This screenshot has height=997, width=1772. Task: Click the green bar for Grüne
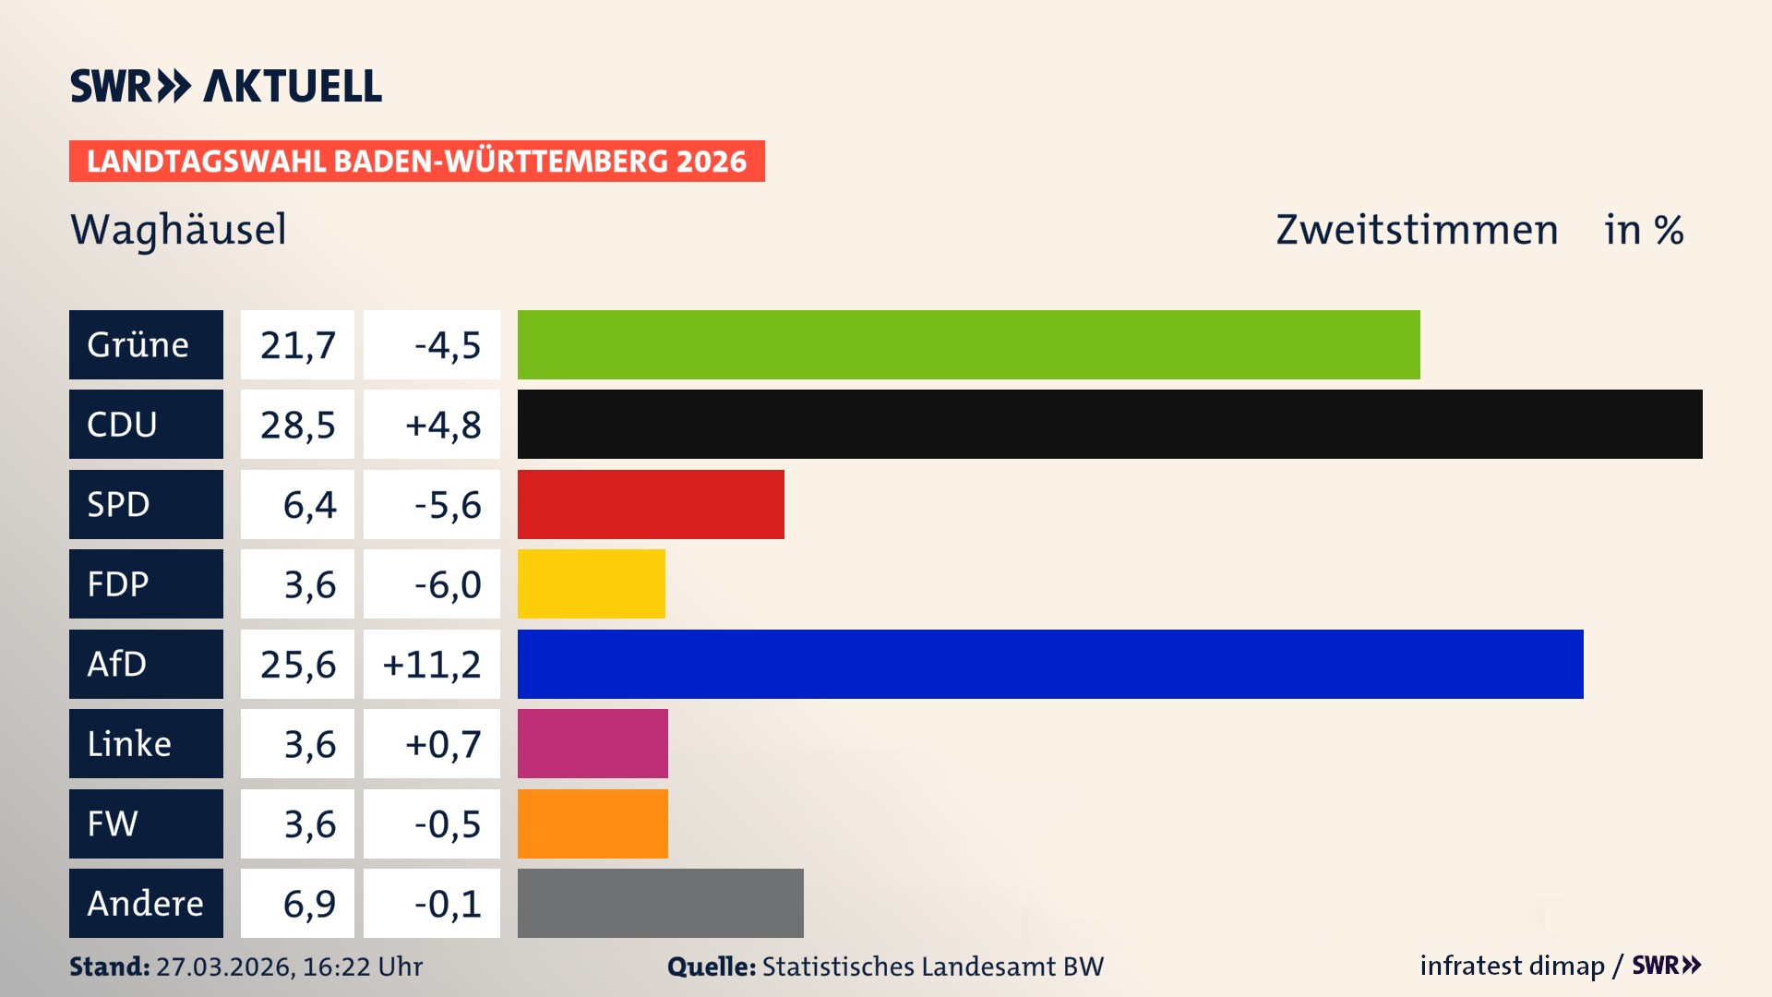pyautogui.click(x=968, y=344)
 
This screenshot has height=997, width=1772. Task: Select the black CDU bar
pyautogui.click(x=1109, y=425)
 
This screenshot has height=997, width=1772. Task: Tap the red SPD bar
pyautogui.click(x=651, y=504)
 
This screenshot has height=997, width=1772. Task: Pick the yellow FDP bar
pyautogui.click(x=591, y=584)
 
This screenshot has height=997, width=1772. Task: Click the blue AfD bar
pyautogui.click(x=1050, y=664)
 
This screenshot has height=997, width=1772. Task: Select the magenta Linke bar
pyautogui.click(x=593, y=744)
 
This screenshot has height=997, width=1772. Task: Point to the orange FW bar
pyautogui.click(x=593, y=823)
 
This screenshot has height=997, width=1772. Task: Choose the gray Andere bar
pyautogui.click(x=660, y=903)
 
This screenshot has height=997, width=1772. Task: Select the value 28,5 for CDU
pyautogui.click(x=297, y=425)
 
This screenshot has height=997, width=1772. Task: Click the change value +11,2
pyautogui.click(x=432, y=664)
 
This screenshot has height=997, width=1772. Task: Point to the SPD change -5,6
pyautogui.click(x=447, y=504)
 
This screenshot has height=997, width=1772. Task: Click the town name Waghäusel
pyautogui.click(x=178, y=229)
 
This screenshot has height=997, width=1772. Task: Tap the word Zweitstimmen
pyautogui.click(x=1417, y=229)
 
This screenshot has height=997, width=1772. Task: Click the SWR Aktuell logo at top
pyautogui.click(x=225, y=86)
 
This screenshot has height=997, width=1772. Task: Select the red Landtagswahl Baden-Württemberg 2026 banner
pyautogui.click(x=416, y=161)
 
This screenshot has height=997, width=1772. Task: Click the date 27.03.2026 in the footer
pyautogui.click(x=225, y=967)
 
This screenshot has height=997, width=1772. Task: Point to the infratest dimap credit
pyautogui.click(x=1511, y=966)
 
